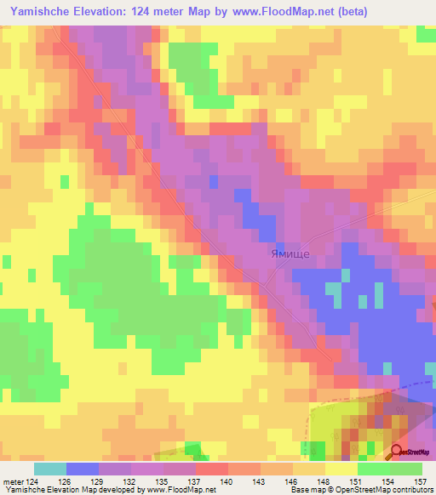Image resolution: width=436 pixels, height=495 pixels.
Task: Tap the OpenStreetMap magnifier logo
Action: coord(397,453)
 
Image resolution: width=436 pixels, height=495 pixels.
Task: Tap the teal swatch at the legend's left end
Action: coord(49,469)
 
